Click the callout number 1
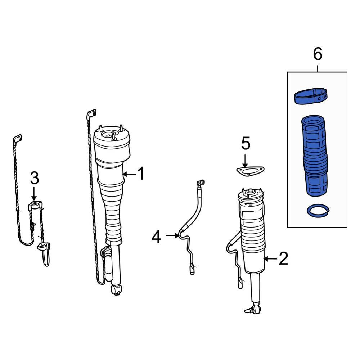click(x=141, y=174)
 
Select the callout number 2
click(x=284, y=258)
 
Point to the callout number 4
click(x=156, y=237)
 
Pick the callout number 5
click(x=246, y=143)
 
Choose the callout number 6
click(x=318, y=54)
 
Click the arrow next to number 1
click(x=130, y=174)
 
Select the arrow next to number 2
click(x=270, y=259)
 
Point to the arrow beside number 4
click(x=172, y=235)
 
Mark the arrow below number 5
click(x=245, y=161)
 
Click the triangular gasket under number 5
click(x=250, y=171)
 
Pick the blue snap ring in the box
click(x=318, y=210)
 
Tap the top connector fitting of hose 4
click(x=201, y=183)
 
